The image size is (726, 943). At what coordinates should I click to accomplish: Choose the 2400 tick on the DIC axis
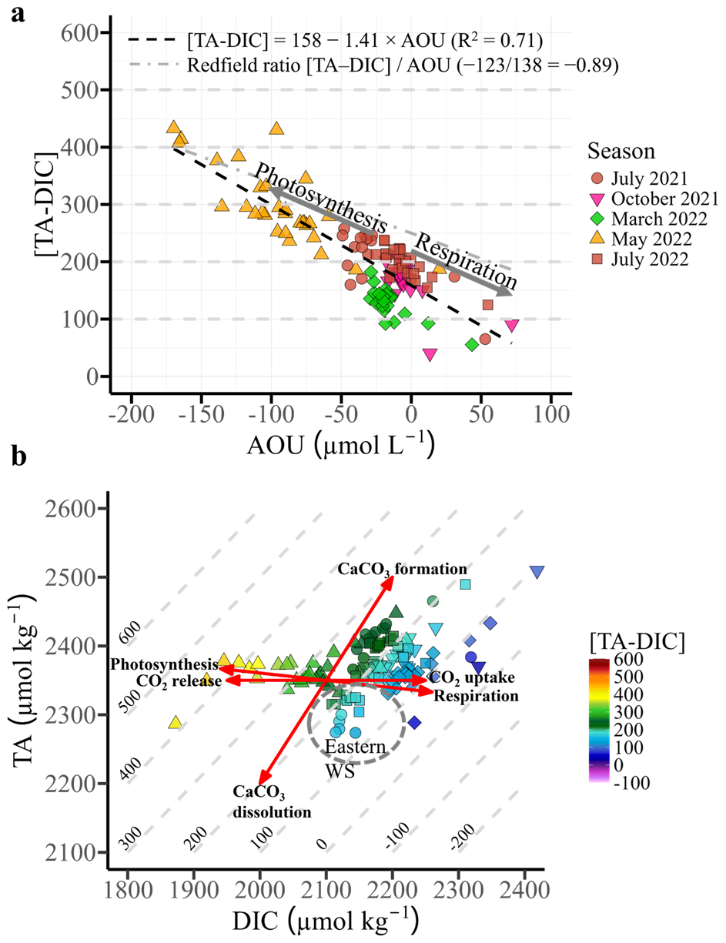[x=525, y=896]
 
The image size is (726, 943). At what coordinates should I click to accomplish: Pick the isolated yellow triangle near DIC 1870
[x=176, y=723]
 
